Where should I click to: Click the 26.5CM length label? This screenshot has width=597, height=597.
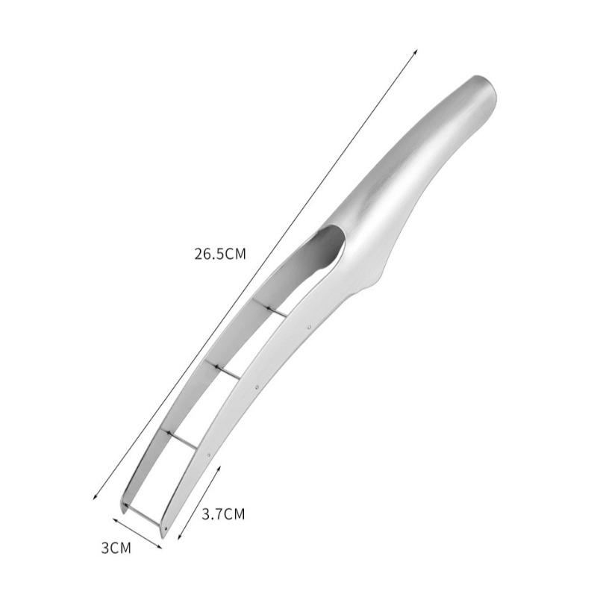(x=220, y=254)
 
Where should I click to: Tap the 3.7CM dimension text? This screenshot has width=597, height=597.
(x=223, y=514)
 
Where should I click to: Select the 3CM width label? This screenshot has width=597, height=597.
(x=116, y=548)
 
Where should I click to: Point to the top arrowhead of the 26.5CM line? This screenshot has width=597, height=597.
(x=416, y=51)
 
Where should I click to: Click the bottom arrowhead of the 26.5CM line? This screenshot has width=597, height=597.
(x=94, y=498)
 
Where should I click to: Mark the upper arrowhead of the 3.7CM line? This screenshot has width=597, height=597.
(x=219, y=467)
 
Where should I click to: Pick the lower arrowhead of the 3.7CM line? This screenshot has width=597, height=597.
(x=179, y=538)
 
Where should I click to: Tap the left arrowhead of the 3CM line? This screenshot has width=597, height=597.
(x=114, y=519)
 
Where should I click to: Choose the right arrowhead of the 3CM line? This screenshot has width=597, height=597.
(x=160, y=548)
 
